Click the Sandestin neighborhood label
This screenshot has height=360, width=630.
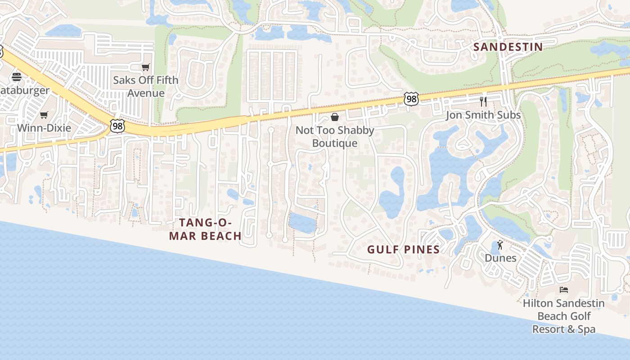coord(508,47)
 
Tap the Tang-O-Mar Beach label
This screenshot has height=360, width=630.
coord(205,229)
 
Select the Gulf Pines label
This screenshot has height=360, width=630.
coord(403,250)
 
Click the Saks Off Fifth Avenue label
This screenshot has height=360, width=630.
coord(145,86)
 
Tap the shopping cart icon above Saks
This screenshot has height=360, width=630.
coord(145,67)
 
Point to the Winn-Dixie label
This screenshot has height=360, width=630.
coord(44,128)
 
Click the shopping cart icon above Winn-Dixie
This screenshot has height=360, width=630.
coord(44,115)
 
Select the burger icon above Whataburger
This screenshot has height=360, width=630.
coord(17,77)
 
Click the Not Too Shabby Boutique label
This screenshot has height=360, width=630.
coord(335,137)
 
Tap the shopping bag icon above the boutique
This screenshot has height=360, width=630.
coord(335,117)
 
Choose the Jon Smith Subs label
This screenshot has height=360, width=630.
coord(483,115)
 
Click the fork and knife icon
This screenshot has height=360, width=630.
coord(483,101)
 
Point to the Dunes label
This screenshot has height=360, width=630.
coord(500,258)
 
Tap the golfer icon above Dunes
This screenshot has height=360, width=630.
coord(500,245)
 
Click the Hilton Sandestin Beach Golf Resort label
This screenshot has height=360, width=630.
coord(564,316)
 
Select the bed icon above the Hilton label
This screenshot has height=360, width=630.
coord(564,290)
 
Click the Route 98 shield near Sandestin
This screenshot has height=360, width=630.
coord(411,99)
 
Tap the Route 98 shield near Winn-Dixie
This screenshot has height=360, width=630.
coord(117,126)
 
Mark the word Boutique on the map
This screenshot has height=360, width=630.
coord(335,144)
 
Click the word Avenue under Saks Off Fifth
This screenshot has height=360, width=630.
coord(145,93)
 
